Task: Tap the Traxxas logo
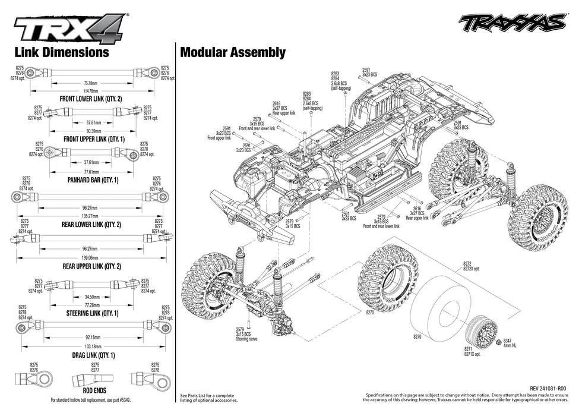512,23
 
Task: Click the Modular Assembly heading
233,52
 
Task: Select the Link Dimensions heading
62,52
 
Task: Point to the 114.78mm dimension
91,90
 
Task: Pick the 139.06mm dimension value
91,258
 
